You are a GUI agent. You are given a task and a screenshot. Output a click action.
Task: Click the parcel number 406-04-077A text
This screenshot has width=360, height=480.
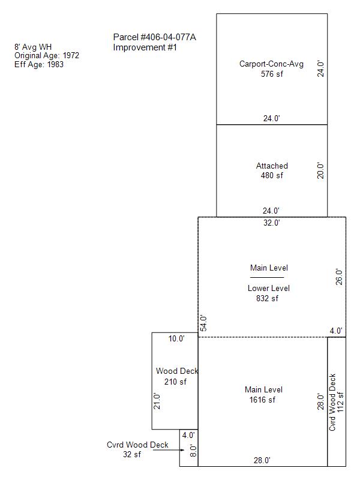pos(155,37)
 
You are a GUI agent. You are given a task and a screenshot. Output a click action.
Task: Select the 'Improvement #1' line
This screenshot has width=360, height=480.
pos(145,47)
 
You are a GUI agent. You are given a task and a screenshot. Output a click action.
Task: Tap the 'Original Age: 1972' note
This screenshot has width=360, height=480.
pos(47,56)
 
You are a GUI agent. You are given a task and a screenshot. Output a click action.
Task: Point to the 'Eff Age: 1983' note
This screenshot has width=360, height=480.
pos(39,65)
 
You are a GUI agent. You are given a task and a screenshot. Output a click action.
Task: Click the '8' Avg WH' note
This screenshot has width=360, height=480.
pos(33,47)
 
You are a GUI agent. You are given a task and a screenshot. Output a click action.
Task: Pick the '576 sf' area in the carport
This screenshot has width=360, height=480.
pos(272,74)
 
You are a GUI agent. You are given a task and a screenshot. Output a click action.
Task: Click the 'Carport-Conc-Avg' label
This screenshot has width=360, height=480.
pos(272,64)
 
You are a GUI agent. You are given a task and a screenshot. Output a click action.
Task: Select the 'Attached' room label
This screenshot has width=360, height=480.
pos(272,166)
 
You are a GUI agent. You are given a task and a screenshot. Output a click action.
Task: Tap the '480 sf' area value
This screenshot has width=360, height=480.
pos(272,176)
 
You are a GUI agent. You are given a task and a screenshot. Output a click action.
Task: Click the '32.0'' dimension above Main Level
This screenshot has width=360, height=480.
pos(272,223)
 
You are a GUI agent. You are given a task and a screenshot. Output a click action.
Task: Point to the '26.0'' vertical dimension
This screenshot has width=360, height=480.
pos(339,277)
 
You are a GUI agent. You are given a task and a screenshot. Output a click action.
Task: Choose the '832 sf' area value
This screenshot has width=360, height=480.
pos(267,298)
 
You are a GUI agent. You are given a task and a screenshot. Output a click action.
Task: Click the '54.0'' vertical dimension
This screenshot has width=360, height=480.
pos(203,323)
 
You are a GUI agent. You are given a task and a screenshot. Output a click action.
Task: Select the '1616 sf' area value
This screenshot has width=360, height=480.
pos(262,400)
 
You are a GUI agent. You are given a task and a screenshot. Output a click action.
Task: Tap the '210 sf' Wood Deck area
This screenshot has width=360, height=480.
pos(175,382)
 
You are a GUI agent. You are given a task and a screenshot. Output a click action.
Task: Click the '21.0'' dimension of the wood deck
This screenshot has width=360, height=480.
pos(157,401)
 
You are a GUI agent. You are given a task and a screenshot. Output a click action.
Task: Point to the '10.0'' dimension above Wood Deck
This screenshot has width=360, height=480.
pos(176,339)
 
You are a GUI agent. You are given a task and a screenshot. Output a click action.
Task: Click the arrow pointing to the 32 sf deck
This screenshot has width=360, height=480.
pos(169,450)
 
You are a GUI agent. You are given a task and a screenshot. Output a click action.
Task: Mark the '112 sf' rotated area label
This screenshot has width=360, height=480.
pos(340,402)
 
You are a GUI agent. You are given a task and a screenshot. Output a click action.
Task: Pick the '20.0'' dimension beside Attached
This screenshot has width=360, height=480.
pos(320,170)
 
